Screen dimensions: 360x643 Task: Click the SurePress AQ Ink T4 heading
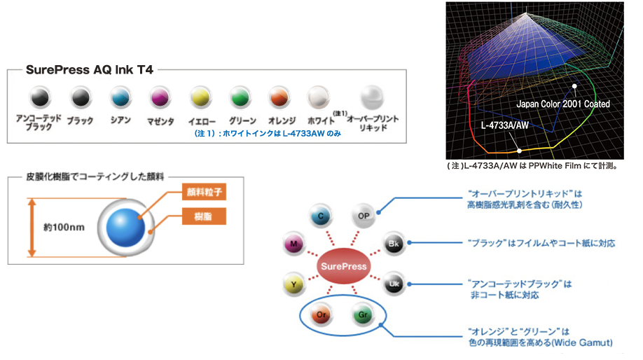pos(90,70)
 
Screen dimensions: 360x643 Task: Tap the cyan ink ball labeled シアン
pos(120,97)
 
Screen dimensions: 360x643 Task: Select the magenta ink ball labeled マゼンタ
pos(161,97)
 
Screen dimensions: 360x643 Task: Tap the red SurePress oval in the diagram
pos(343,266)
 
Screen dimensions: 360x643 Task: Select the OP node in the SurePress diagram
pos(362,216)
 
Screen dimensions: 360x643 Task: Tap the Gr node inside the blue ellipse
pos(362,315)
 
